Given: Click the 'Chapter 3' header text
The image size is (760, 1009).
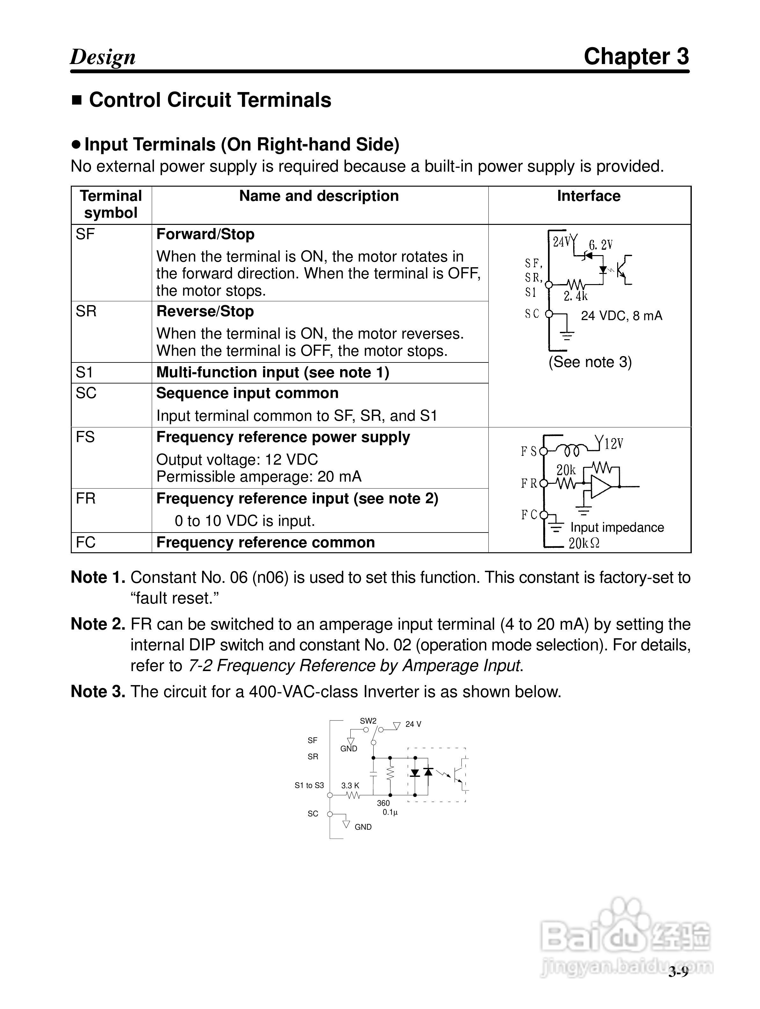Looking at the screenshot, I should tap(636, 57).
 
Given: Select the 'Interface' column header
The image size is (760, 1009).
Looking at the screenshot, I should tap(588, 196).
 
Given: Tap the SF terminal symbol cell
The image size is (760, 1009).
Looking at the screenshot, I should tap(85, 234).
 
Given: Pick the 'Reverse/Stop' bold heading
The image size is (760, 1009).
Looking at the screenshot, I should tap(205, 311).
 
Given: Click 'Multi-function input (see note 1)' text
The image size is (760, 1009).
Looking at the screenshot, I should tap(273, 373).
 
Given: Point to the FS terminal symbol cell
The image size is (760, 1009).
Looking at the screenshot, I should tap(85, 437).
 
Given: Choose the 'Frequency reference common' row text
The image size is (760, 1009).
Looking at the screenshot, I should tap(265, 542).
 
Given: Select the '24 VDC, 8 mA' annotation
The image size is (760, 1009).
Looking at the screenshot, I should tap(621, 316).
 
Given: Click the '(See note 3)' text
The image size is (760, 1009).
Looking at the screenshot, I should tap(590, 362).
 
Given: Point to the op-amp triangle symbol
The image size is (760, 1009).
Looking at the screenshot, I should tap(600, 487).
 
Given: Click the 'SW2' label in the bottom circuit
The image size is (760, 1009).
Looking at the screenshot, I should tap(368, 721).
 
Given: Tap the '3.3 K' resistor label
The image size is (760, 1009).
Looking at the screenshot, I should tap(350, 785).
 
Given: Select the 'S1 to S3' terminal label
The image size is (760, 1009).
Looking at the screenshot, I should tap(309, 785).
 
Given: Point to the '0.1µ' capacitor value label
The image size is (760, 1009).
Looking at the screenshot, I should tap(390, 812).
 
